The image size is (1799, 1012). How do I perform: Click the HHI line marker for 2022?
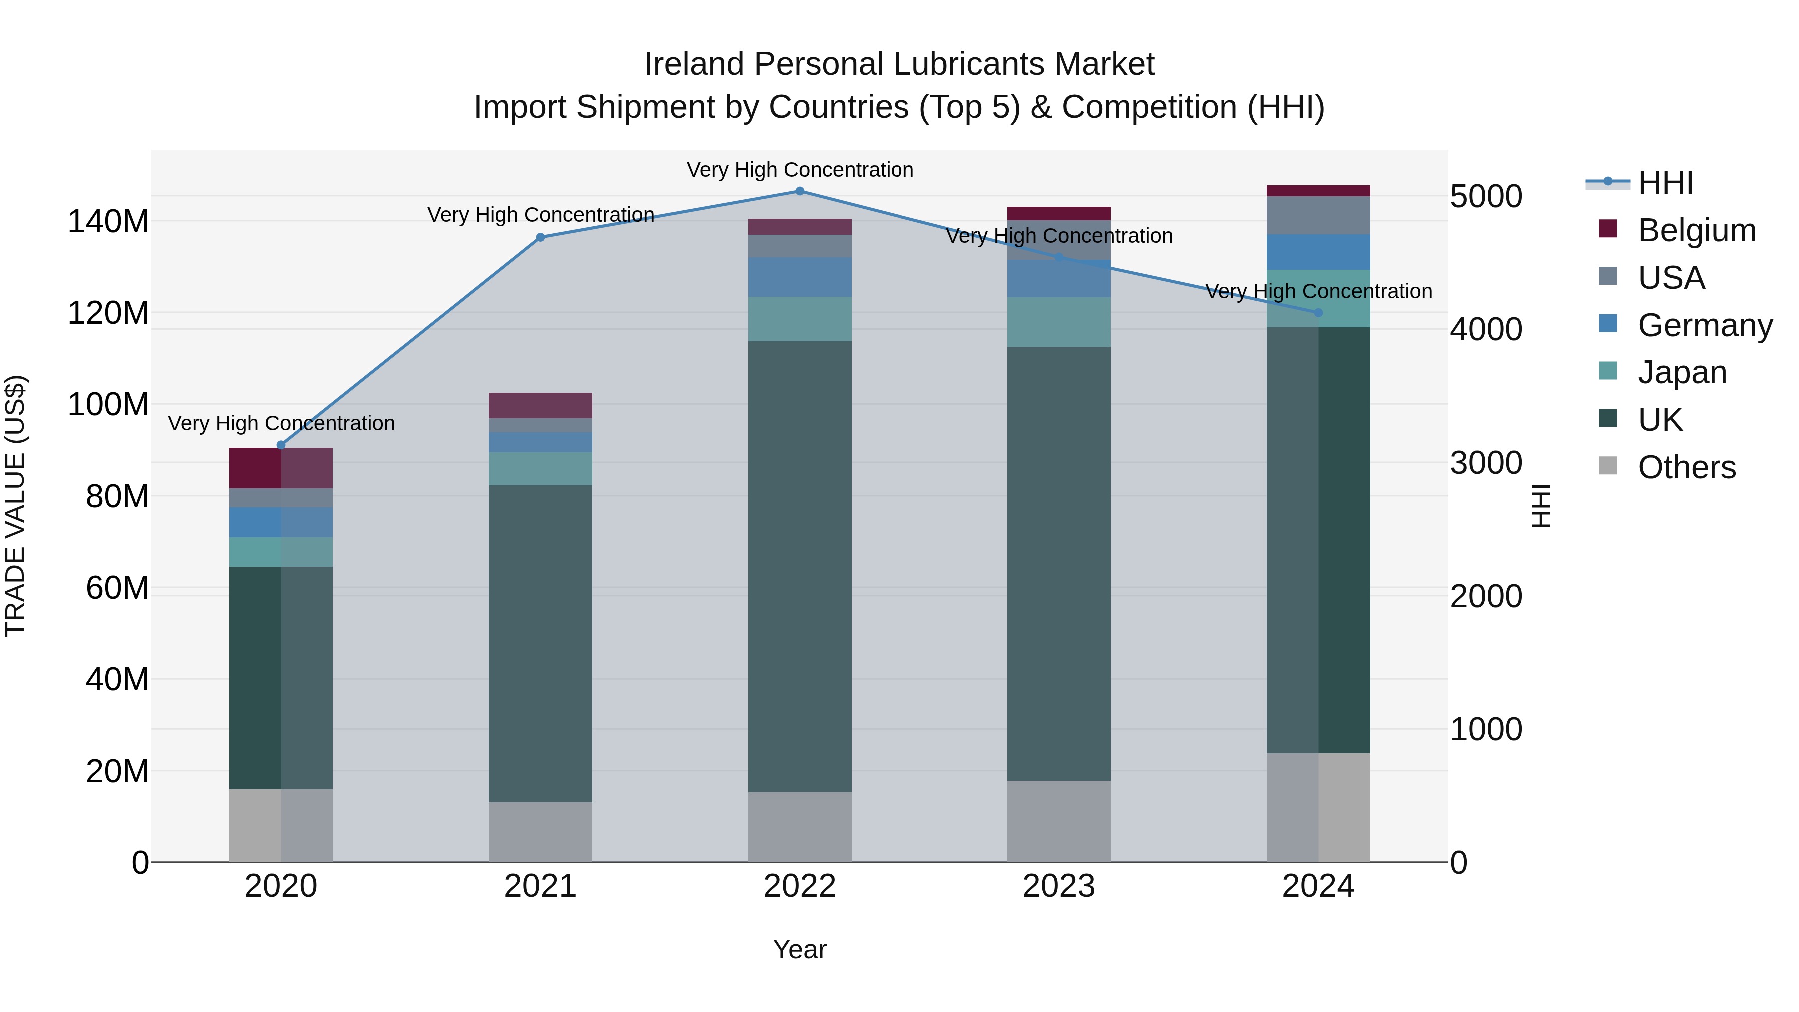tap(800, 191)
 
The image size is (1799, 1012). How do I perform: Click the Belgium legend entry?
tap(1696, 230)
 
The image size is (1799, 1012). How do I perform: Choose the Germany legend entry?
tap(1704, 325)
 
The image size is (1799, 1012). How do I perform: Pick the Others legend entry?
tap(1686, 467)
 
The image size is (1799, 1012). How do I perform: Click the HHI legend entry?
tap(1665, 183)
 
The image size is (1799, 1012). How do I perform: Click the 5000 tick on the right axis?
tap(1486, 196)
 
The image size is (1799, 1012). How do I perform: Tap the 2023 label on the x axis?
tap(1059, 886)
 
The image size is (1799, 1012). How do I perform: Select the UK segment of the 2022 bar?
tap(800, 566)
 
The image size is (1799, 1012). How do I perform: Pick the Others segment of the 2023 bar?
tap(1059, 821)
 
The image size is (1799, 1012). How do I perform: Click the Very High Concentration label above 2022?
tap(800, 170)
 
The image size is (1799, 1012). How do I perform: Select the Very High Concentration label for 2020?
tap(281, 423)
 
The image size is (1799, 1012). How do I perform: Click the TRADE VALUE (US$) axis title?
tap(15, 506)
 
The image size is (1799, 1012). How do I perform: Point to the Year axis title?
tap(800, 949)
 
